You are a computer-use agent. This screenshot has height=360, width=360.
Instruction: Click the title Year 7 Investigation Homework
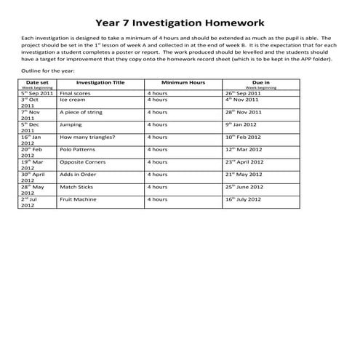(x=180, y=23)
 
